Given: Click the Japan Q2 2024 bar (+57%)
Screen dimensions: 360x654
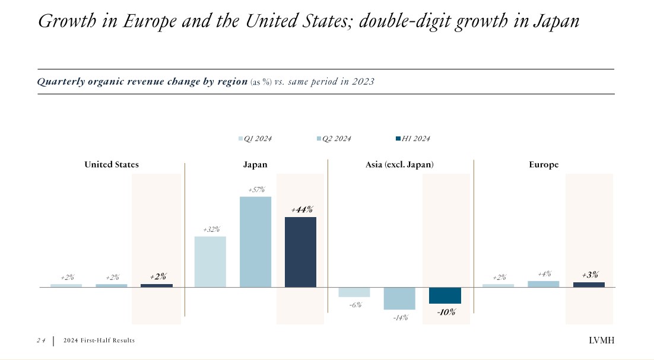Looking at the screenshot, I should click(x=255, y=242).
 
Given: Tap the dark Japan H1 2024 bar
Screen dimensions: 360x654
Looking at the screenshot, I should click(x=300, y=252).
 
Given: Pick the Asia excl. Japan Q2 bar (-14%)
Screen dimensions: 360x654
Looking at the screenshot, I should click(x=399, y=298).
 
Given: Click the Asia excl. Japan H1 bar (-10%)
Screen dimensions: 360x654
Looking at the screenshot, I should click(x=445, y=295).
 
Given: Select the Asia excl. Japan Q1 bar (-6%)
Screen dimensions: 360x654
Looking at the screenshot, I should click(x=354, y=292).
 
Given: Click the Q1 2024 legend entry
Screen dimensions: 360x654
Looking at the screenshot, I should click(x=255, y=139).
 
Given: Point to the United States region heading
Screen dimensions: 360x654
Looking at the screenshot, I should click(x=112, y=164).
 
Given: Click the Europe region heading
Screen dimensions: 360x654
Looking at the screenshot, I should click(x=544, y=164).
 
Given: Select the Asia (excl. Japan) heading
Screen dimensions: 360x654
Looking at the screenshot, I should click(x=399, y=164).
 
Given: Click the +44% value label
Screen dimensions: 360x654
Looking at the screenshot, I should click(x=301, y=209).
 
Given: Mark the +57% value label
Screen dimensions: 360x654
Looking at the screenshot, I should click(x=256, y=190).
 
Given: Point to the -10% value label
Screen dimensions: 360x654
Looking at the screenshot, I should click(x=446, y=312).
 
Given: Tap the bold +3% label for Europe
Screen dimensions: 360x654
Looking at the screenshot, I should click(x=589, y=275).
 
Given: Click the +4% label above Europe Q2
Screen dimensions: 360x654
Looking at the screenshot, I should click(x=544, y=274).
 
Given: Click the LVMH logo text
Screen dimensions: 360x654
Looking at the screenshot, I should click(x=601, y=340).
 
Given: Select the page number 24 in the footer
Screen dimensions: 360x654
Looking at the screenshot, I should click(x=41, y=340).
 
